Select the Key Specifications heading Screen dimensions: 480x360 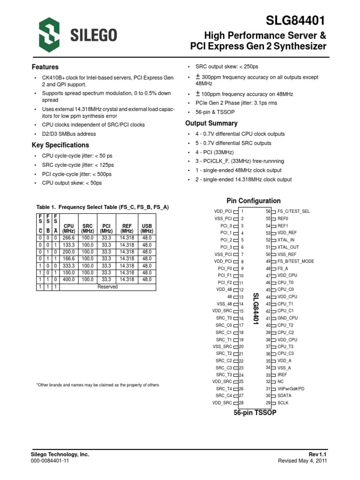(60, 145)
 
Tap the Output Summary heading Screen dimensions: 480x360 (211, 123)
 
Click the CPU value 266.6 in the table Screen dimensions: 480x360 (68, 238)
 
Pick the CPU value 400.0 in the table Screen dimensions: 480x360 (68, 279)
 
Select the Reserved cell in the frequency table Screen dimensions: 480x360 (107, 286)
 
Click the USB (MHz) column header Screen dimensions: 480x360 (147, 228)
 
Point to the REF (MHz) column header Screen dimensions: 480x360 (127, 228)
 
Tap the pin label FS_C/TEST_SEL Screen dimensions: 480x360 (293, 211)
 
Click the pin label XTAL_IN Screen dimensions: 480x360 (286, 240)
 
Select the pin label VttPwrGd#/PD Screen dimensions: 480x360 (291, 389)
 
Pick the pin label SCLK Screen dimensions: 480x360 (283, 403)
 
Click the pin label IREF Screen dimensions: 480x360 (283, 375)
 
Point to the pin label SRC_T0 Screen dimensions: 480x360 (224, 318)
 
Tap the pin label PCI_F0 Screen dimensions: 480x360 (225, 269)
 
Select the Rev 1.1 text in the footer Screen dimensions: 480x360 (317, 454)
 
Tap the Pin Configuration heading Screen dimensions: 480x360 (254, 201)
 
